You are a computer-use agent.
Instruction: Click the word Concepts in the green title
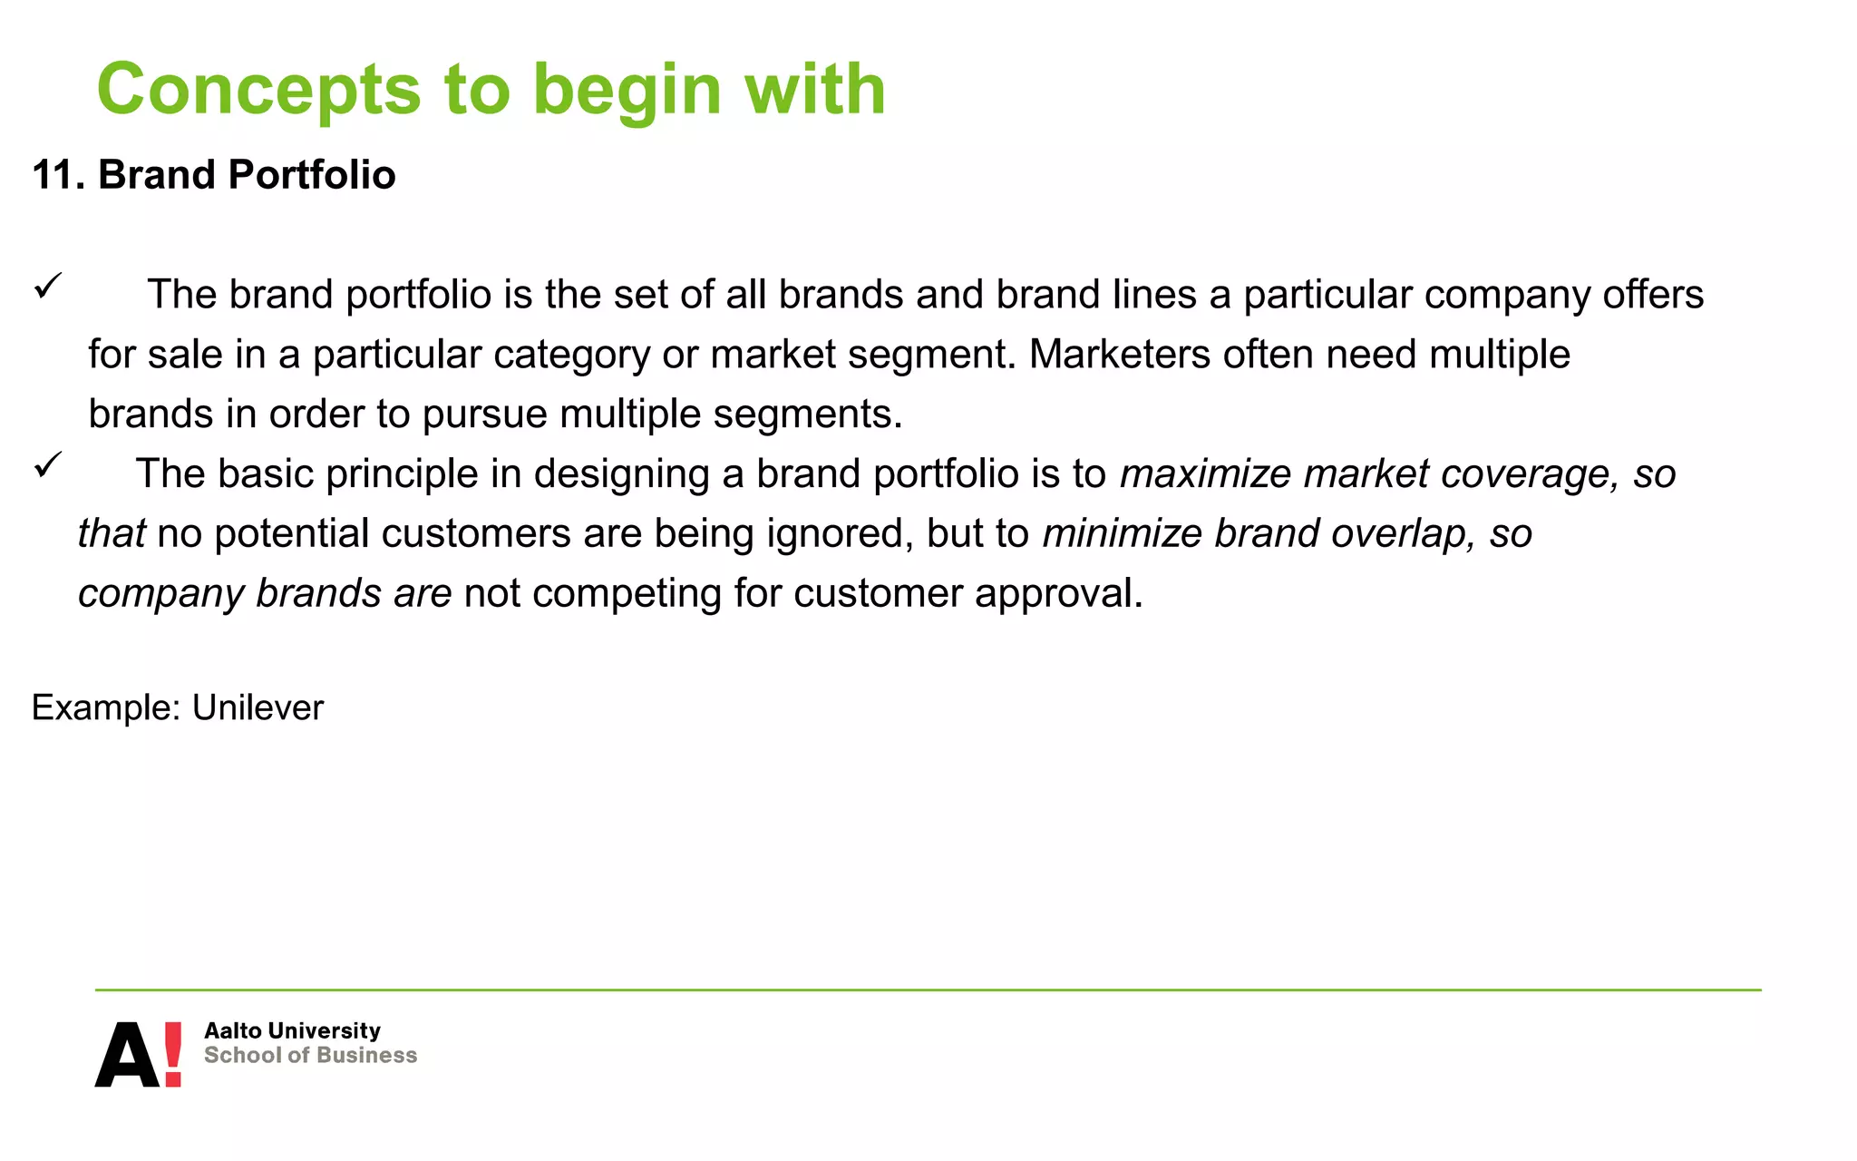tap(258, 91)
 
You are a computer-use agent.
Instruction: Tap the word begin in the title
tap(627, 91)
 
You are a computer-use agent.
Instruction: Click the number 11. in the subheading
tap(58, 174)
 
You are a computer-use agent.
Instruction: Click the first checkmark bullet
tap(47, 287)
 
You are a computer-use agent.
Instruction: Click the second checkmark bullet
tap(47, 466)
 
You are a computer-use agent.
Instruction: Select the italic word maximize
tap(1205, 473)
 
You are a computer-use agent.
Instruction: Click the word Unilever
tap(258, 707)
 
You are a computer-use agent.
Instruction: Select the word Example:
tap(106, 707)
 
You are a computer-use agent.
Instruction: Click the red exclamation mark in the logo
tap(172, 1054)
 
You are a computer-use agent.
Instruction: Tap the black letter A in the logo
tap(127, 1056)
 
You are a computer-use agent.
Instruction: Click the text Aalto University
tap(292, 1030)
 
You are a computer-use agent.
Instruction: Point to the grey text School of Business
tap(310, 1055)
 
